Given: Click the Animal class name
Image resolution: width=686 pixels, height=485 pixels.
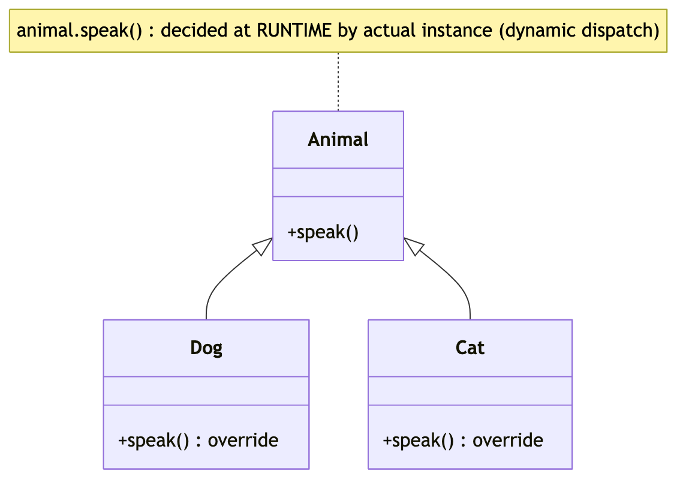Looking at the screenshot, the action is [x=338, y=139].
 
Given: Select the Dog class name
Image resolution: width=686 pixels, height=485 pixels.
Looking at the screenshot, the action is [x=206, y=348].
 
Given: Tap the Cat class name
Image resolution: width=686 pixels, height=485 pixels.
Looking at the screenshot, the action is [x=470, y=348].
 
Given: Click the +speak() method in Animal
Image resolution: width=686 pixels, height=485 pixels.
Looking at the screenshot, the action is [x=323, y=232].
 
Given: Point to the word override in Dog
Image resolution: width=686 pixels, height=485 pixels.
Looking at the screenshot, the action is [x=243, y=441].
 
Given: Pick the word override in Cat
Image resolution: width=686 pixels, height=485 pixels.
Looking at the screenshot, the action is [x=507, y=441].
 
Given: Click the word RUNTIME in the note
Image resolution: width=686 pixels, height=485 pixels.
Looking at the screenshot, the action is [x=294, y=31].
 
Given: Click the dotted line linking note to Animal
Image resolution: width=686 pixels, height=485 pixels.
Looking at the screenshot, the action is [x=338, y=82].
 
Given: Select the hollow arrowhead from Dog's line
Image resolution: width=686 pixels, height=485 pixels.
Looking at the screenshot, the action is [x=262, y=247].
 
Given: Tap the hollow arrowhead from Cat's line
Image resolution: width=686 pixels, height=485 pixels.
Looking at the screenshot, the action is [x=414, y=247].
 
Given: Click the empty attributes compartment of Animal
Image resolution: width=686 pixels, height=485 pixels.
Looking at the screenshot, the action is [x=338, y=182].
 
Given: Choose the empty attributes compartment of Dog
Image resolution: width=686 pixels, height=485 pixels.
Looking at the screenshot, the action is [x=206, y=391].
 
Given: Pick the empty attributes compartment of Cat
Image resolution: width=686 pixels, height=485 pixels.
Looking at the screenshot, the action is [x=470, y=391].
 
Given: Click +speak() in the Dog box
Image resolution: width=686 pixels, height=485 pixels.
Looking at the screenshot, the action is [x=154, y=441].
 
